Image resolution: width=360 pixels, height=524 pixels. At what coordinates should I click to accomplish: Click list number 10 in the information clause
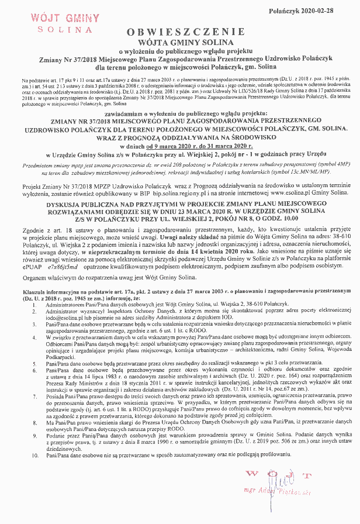[36, 454]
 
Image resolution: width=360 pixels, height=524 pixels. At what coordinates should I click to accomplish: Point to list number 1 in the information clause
[36, 305]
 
